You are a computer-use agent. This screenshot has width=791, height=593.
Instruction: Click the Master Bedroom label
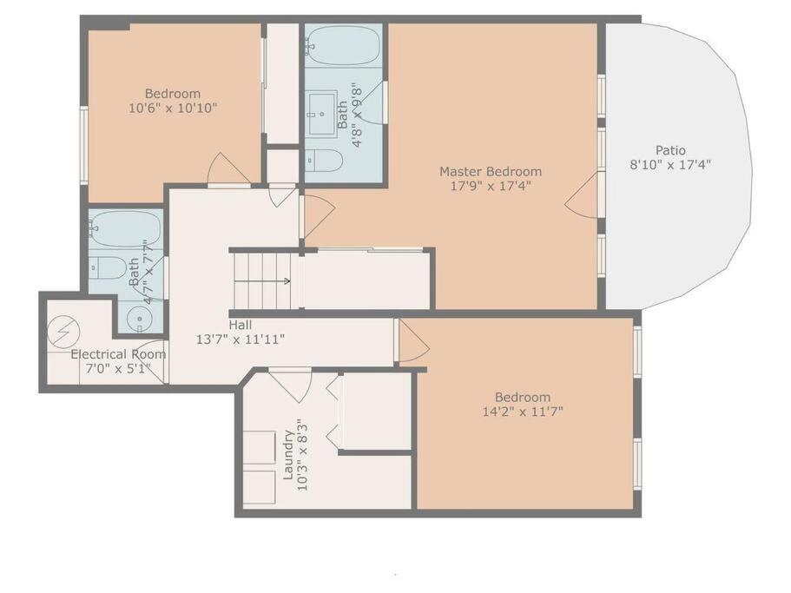click(491, 171)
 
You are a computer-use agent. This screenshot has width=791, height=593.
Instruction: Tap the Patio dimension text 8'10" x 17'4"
click(670, 164)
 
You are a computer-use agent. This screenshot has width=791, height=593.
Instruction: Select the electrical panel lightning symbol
click(63, 332)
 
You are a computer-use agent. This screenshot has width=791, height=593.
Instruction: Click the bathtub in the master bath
click(343, 45)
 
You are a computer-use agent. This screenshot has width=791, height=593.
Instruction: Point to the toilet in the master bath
click(325, 161)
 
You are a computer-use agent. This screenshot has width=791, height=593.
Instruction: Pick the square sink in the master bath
click(322, 114)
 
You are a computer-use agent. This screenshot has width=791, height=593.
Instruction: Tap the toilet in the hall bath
click(108, 267)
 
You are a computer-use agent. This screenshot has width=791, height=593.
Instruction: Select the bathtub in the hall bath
click(126, 229)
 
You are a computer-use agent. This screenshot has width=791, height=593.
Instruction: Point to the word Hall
click(241, 325)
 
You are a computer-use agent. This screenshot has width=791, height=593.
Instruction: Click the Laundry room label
click(288, 454)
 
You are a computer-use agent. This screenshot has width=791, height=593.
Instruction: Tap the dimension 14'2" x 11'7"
click(523, 412)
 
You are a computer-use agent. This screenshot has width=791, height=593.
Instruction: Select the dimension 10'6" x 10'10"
click(173, 108)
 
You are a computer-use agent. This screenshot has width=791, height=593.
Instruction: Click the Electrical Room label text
click(118, 354)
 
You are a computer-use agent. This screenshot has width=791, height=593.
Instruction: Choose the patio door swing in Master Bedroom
click(582, 197)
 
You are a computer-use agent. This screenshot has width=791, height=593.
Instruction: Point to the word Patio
click(670, 150)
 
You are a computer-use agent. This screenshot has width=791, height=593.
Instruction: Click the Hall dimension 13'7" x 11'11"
click(241, 339)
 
